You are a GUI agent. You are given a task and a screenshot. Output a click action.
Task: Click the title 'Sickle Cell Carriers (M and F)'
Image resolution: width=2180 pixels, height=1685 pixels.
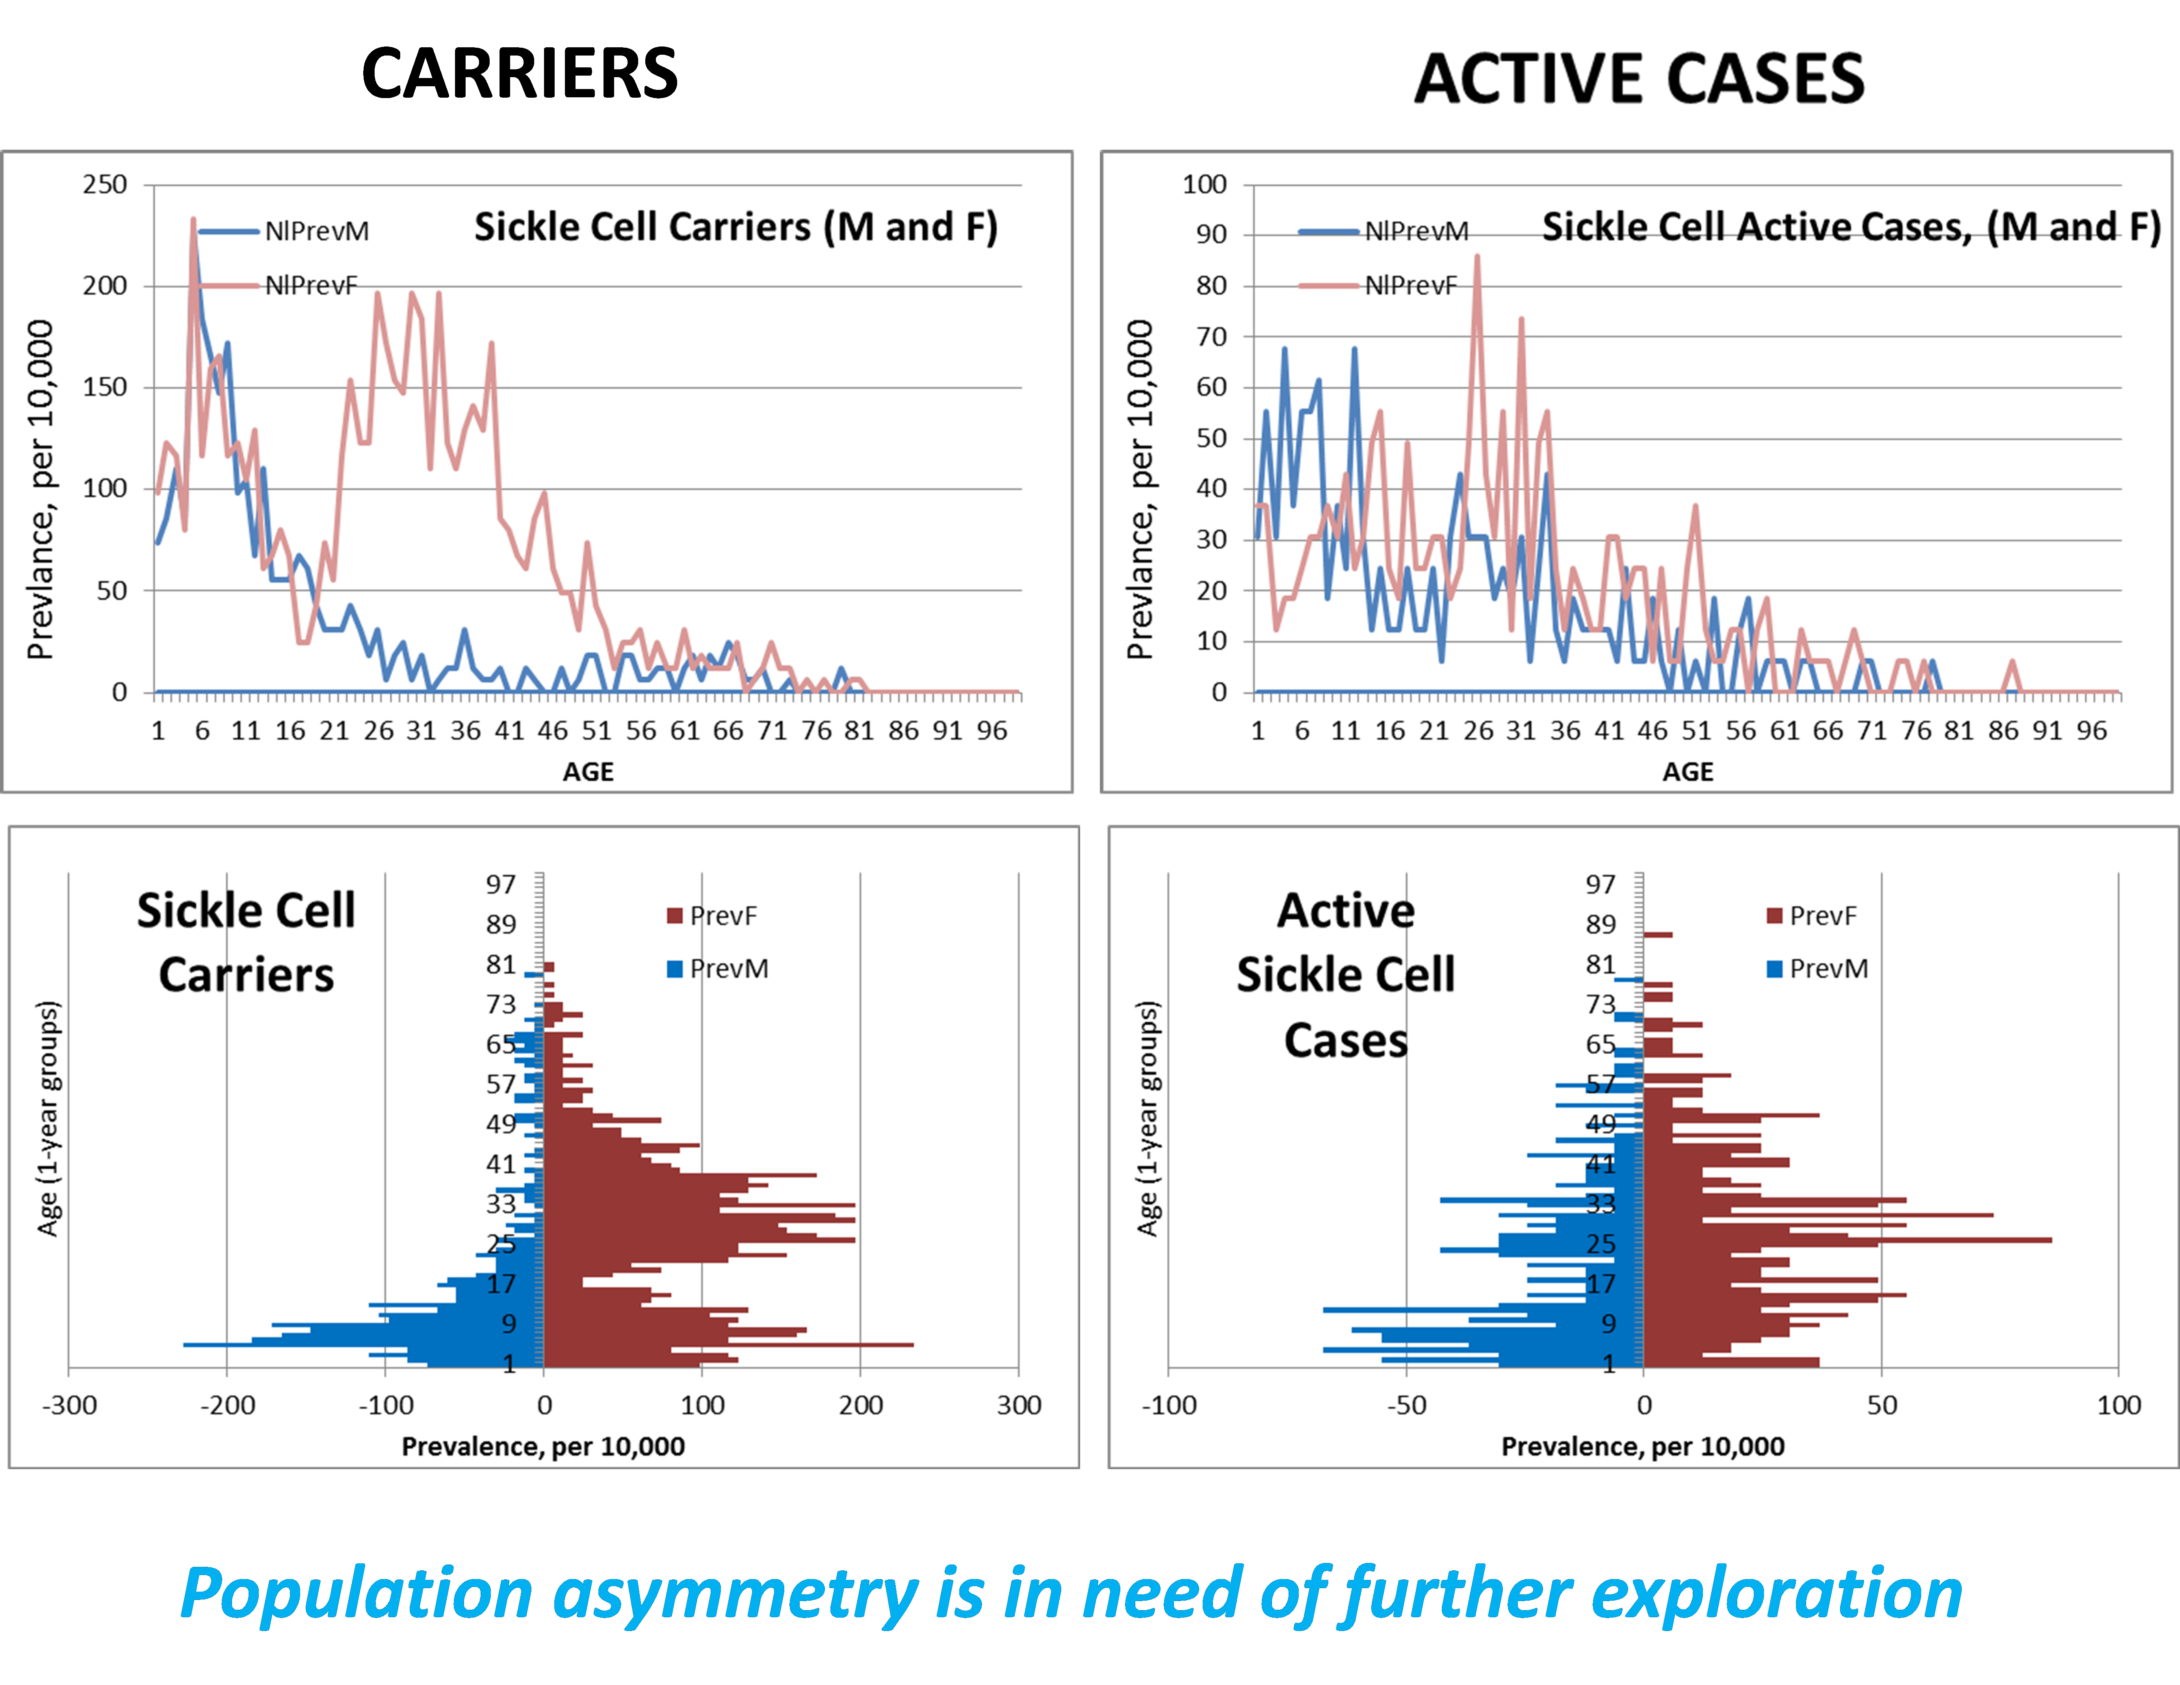[735, 228]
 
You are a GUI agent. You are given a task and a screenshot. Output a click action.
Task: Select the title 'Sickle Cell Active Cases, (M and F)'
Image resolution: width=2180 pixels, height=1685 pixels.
[1851, 228]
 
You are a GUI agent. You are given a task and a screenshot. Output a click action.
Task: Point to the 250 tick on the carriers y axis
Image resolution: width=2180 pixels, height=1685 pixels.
[105, 185]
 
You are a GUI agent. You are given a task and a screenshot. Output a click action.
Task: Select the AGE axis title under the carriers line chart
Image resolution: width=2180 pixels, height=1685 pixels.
[588, 772]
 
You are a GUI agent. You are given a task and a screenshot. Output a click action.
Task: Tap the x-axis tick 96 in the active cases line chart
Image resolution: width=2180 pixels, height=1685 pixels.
[2091, 731]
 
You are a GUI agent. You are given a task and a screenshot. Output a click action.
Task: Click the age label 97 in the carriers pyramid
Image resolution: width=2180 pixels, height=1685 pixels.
[501, 884]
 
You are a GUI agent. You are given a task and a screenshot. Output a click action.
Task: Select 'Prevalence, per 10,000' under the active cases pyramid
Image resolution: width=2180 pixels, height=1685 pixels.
[1643, 1446]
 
